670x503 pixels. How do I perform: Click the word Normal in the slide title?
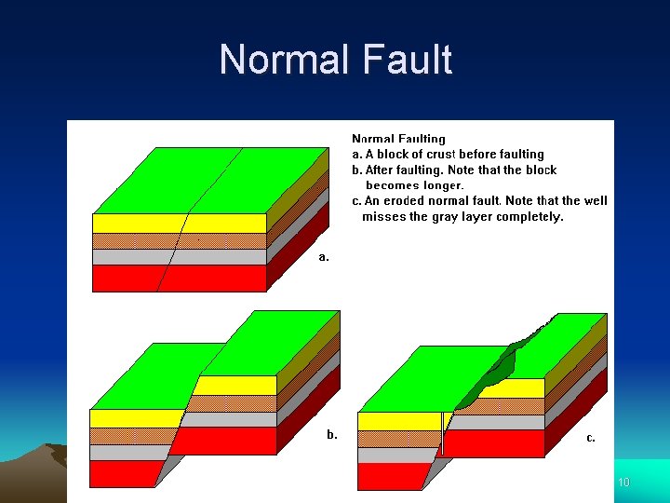280,61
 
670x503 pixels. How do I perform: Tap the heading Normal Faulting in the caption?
398,139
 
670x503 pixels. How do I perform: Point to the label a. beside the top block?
324,256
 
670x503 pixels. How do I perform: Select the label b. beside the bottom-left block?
332,434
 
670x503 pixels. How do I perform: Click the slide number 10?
623,482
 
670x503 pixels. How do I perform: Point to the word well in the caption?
596,200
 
